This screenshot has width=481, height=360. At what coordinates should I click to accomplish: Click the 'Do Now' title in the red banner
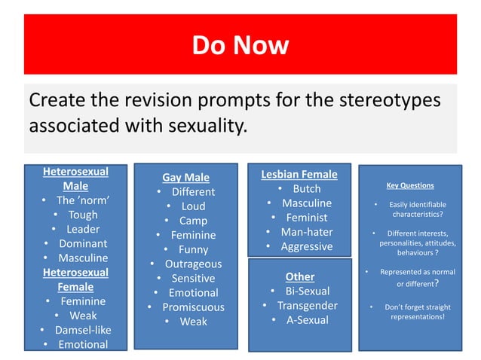tap(240, 45)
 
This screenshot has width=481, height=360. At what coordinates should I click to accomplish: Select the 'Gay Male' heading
tap(185, 178)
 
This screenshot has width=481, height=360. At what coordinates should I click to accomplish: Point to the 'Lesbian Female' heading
tap(299, 174)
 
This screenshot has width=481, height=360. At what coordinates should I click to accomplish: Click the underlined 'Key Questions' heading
tap(409, 185)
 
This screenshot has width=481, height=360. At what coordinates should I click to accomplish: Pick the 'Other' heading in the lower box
tap(299, 276)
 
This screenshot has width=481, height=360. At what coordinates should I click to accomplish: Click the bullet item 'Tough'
tap(83, 215)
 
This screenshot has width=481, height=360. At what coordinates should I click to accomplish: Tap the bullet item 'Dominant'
tap(83, 243)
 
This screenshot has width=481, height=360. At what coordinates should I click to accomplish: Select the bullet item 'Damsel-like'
tap(81, 330)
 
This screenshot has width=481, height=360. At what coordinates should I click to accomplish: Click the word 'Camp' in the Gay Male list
tap(193, 221)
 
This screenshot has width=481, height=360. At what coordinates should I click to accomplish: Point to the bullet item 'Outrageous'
tap(193, 264)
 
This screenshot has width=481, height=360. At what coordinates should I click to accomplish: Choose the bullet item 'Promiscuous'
tap(193, 307)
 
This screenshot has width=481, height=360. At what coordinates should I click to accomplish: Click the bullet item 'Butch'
tap(306, 188)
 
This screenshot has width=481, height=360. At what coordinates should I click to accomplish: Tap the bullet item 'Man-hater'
tap(306, 232)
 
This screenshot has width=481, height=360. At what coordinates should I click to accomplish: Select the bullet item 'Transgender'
tap(307, 305)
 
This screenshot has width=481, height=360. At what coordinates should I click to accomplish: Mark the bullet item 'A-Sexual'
tap(307, 319)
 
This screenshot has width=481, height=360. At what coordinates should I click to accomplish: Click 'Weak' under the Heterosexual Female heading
tap(83, 316)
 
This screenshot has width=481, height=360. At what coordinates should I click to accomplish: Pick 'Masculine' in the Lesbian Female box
tap(306, 203)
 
